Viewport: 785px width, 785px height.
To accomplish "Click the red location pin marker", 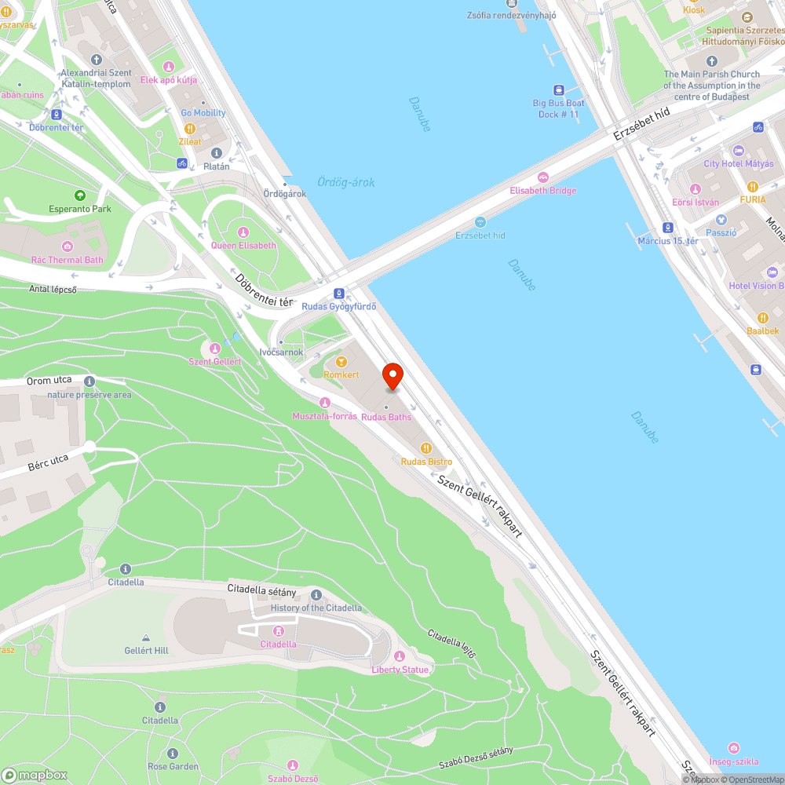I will coord(392,376).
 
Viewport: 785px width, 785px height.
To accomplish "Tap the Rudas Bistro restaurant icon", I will coord(425,447).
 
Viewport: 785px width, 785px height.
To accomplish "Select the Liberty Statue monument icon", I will coord(400,656).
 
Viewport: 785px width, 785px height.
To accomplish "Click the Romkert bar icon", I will coord(341,362).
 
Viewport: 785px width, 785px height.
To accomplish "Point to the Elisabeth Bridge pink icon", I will coord(542,177).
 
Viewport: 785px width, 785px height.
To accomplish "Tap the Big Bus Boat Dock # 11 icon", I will coord(558,90).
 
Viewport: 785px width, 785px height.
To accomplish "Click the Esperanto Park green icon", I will coord(79,195).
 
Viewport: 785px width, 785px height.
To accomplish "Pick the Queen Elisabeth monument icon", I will coord(243,232).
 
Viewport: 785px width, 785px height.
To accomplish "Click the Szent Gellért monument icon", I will coord(214,348).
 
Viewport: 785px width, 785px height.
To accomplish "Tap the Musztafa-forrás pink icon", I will coord(324,403).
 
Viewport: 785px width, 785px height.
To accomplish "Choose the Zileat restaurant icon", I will coord(189,129).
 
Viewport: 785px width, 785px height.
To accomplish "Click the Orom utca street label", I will coord(49,381).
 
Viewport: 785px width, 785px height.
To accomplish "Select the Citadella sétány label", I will coord(261,589).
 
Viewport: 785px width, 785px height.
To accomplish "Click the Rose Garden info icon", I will coord(173,754).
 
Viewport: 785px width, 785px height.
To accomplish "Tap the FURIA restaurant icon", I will coord(752,187).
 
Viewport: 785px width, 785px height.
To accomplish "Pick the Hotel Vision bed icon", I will coord(772,272).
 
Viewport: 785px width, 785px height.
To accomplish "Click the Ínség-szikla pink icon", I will coord(733,748).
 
